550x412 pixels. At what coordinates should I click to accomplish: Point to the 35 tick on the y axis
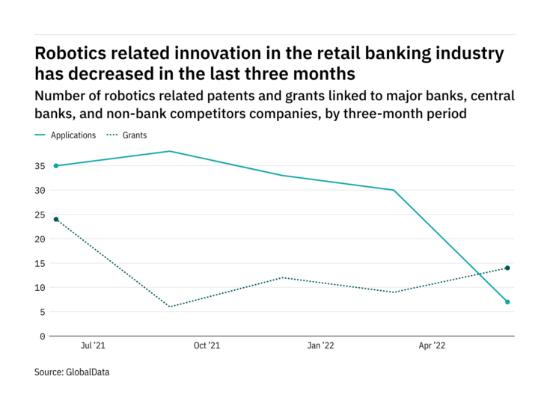[39, 166]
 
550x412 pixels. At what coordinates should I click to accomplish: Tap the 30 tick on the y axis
[39, 191]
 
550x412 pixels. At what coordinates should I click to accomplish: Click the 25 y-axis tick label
[39, 215]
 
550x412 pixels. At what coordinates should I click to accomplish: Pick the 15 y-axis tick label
[39, 263]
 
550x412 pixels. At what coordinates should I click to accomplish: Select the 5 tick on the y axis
[42, 312]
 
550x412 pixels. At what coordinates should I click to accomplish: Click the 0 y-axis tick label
[42, 336]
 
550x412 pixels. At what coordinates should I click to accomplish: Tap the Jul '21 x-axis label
[92, 346]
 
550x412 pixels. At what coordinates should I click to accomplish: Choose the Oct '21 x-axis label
[206, 346]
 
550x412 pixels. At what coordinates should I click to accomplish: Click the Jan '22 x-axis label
[320, 346]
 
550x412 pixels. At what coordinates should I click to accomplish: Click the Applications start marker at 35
[56, 166]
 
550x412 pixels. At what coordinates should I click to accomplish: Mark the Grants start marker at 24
[56, 219]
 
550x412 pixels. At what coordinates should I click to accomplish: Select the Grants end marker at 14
[507, 268]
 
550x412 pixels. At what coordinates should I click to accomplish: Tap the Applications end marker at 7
[507, 302]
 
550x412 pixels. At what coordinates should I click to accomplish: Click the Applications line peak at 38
[170, 151]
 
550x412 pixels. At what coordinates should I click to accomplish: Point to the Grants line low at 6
[170, 307]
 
